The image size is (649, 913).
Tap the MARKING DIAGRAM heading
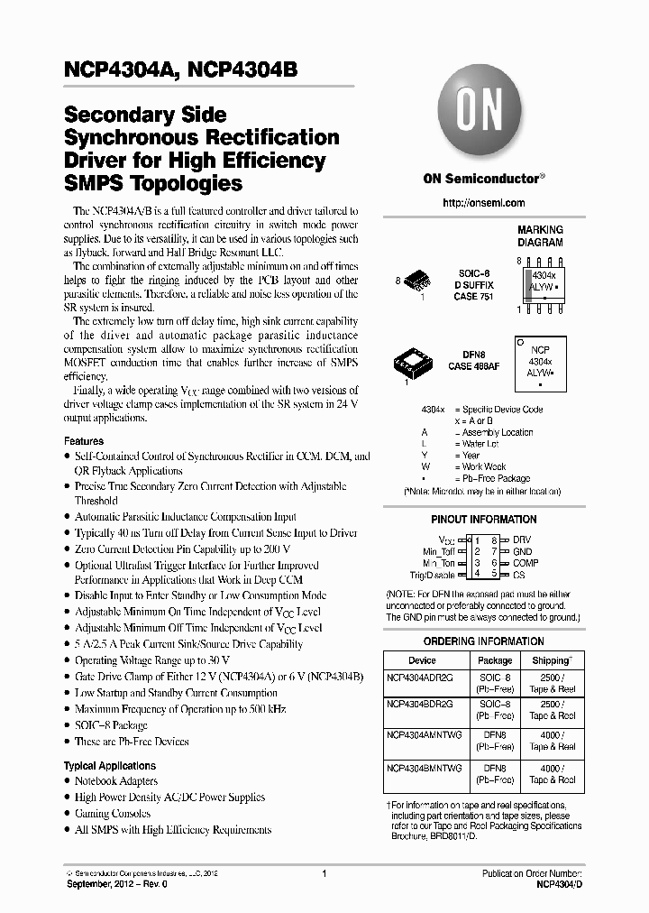point(539,236)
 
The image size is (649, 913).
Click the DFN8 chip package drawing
point(416,364)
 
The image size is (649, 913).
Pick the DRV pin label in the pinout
point(523,539)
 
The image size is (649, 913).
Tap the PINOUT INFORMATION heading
point(484,520)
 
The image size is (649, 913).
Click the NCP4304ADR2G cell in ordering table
point(420,676)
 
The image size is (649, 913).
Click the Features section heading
point(84,441)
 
